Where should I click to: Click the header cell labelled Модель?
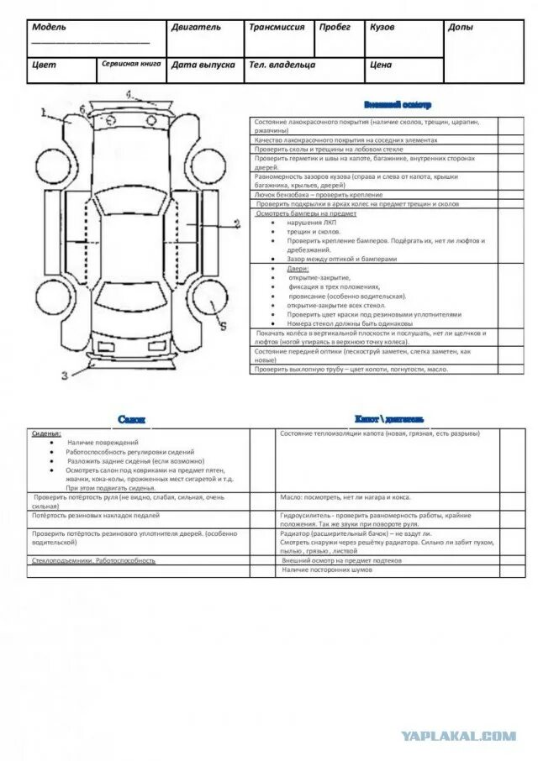pos(49,27)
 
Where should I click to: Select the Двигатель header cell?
pos(196,27)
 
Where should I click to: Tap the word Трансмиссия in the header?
pos(277,27)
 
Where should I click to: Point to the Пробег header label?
pos(335,27)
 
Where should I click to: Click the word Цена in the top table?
pos(381,64)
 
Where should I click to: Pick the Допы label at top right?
pos(460,27)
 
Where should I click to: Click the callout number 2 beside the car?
pos(237,223)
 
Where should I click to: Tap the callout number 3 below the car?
pos(63,375)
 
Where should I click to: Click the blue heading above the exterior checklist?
pos(398,105)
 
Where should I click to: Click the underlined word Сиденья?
pos(46,433)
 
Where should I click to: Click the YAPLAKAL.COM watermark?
pos(458,737)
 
